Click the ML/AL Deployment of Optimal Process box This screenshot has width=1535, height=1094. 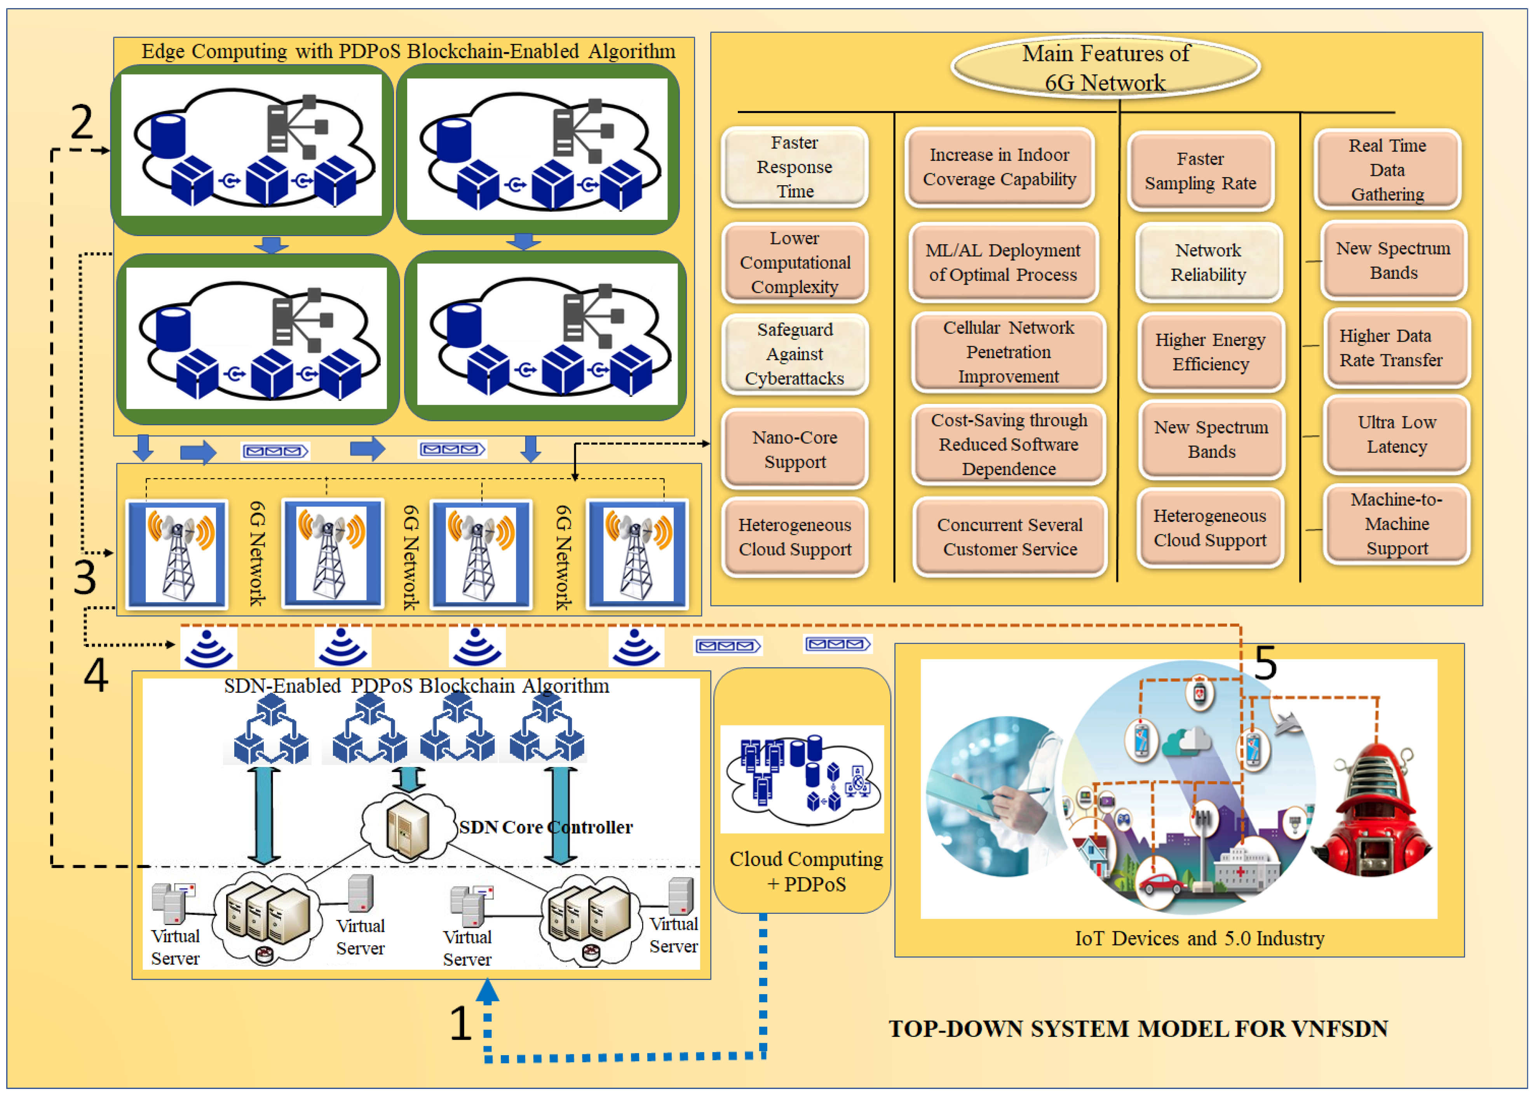pyautogui.click(x=1003, y=263)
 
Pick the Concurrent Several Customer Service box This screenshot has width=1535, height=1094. pyautogui.click(x=1009, y=537)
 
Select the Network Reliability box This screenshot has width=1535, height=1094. pyautogui.click(x=1208, y=263)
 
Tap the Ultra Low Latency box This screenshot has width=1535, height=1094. pyautogui.click(x=1396, y=435)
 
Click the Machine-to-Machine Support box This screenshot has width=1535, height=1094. pyautogui.click(x=1396, y=524)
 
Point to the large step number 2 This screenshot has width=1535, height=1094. pyautogui.click(x=82, y=123)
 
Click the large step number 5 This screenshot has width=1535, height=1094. pyautogui.click(x=1265, y=663)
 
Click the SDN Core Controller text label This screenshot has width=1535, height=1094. pyautogui.click(x=546, y=827)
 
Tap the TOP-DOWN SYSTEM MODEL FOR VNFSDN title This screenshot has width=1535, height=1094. pyautogui.click(x=1138, y=1029)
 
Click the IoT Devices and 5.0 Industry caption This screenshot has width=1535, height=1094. pyautogui.click(x=1199, y=938)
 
